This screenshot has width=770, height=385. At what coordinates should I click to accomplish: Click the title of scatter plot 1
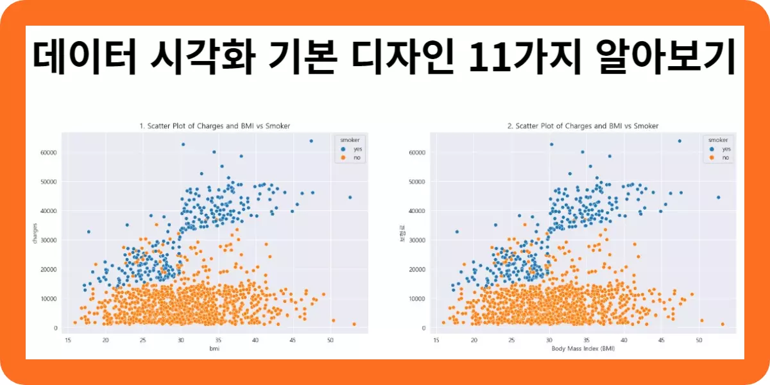215,126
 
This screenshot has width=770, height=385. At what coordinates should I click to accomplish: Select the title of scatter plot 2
583,126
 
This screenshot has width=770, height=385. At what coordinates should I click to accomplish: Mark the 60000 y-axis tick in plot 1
47,153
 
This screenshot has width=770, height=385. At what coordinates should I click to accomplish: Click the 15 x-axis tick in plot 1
68,339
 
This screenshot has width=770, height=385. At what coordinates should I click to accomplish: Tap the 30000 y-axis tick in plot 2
416,240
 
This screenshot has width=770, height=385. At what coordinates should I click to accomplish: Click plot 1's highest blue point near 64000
311,141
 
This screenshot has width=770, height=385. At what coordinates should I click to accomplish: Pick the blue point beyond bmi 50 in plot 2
718,197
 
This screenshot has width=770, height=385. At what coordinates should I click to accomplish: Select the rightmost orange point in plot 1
354,324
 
